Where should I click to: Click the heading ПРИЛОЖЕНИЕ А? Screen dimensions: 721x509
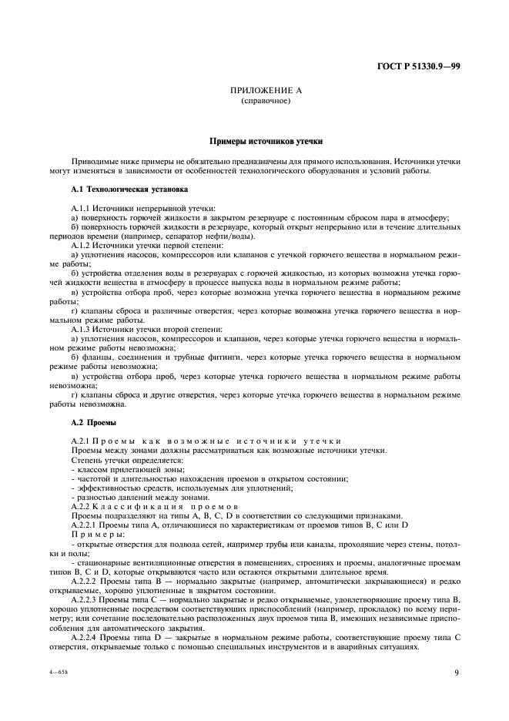click(266, 91)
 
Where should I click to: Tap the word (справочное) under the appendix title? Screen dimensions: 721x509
click(266, 101)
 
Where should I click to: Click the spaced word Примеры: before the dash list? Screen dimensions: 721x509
click(98, 533)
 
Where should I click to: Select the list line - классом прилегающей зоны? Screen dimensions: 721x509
click(117, 469)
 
